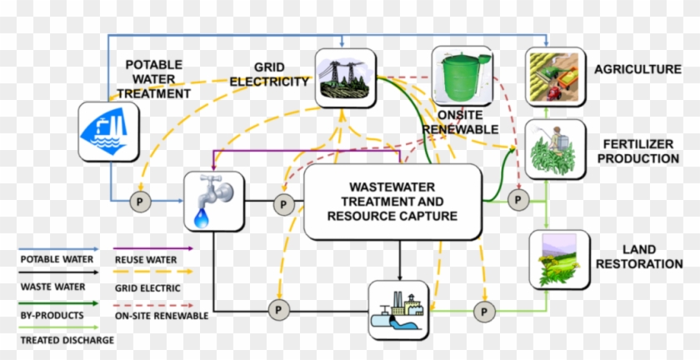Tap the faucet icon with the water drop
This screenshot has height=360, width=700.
(x=214, y=201)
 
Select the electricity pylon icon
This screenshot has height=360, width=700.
(x=344, y=78)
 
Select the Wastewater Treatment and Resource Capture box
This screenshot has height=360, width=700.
(x=392, y=202)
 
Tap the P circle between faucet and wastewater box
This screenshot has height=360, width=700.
(x=285, y=202)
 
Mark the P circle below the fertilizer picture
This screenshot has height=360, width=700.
(x=517, y=200)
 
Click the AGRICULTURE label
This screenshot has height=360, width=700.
(x=637, y=69)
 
